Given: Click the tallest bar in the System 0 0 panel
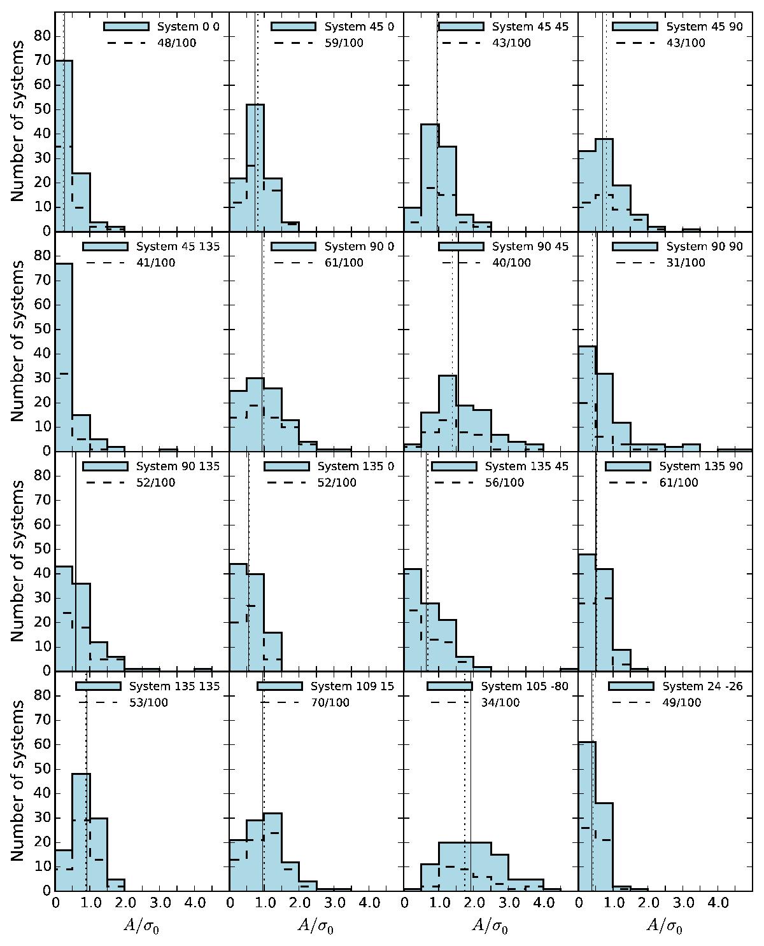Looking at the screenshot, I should point(64,146).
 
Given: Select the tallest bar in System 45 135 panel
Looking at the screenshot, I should point(64,356).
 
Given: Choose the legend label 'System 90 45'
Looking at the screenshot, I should point(530,247).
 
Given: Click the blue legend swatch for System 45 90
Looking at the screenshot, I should point(634,27).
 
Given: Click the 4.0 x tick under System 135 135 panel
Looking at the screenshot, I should point(194,903).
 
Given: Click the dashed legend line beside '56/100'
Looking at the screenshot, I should point(453,483).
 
